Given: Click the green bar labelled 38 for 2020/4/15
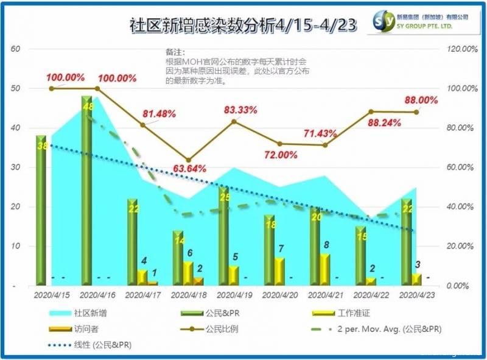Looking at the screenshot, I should [x=41, y=210].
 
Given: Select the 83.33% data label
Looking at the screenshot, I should [x=240, y=110].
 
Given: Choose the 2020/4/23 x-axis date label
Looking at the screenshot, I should [x=418, y=295].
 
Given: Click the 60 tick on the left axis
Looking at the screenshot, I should [x=16, y=49].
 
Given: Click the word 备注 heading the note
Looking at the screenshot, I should [x=175, y=53].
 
